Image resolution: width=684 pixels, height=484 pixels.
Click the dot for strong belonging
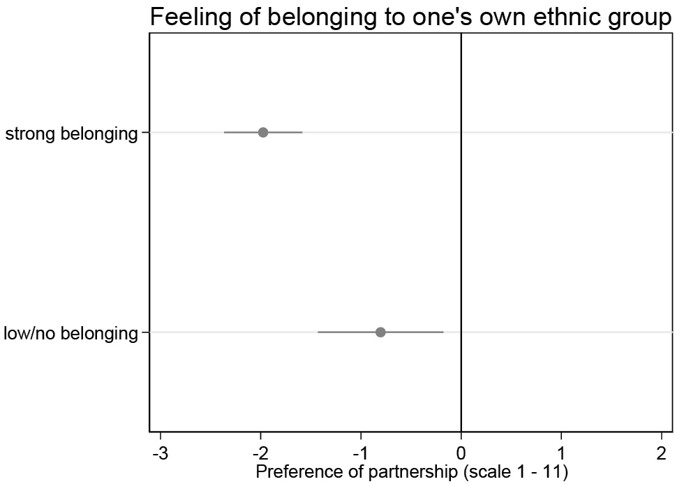click(x=263, y=133)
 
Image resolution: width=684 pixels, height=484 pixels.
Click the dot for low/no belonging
click(x=380, y=332)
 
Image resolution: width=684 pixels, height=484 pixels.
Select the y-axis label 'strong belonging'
click(x=71, y=133)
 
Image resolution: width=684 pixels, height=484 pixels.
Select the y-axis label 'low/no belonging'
click(x=71, y=333)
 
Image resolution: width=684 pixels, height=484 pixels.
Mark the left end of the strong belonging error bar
click(x=225, y=133)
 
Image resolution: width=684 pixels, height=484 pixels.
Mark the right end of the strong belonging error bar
click(x=302, y=133)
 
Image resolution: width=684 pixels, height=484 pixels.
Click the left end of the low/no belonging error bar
click(x=318, y=332)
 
